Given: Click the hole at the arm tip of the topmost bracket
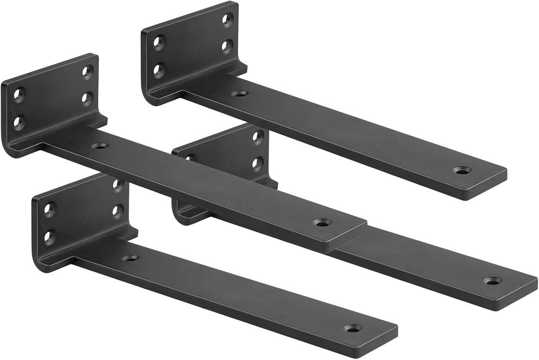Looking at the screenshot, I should pos(462,171).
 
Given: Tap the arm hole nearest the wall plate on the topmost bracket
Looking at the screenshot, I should pos(240,93).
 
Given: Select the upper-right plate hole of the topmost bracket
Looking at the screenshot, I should pos(227,19).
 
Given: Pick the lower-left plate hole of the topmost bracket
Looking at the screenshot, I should pos(159,70).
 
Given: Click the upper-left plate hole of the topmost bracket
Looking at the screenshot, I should pos(159,42).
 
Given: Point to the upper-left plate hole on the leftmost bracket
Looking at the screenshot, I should pos(19,95).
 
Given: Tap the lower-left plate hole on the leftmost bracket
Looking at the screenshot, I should pos(19,122).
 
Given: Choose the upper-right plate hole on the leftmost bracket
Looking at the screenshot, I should pos(87,71).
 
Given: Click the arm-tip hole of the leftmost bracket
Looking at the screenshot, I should pos(322,222).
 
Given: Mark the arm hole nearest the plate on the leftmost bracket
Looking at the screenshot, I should pos(100,146).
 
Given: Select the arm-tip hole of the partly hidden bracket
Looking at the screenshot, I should pos(493,281).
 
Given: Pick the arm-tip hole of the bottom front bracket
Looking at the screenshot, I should pos(353,329).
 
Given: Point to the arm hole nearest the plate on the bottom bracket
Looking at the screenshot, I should pos(130,258).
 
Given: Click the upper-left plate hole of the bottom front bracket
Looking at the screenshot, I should pos(49,208).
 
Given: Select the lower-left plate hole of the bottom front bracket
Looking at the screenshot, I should pos(49,236).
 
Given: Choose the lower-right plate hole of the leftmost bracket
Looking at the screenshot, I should pos(87,98).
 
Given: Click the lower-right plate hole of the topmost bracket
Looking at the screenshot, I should pos(227,46).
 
